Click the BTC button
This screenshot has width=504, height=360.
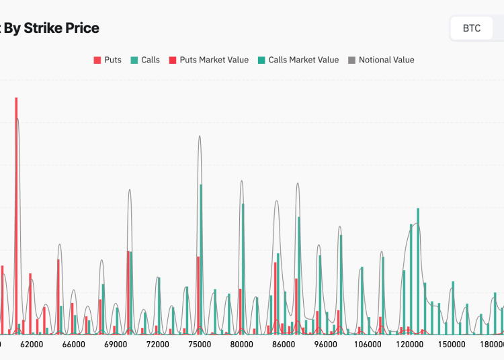tap(472, 29)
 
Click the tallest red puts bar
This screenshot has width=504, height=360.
tap(16, 215)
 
